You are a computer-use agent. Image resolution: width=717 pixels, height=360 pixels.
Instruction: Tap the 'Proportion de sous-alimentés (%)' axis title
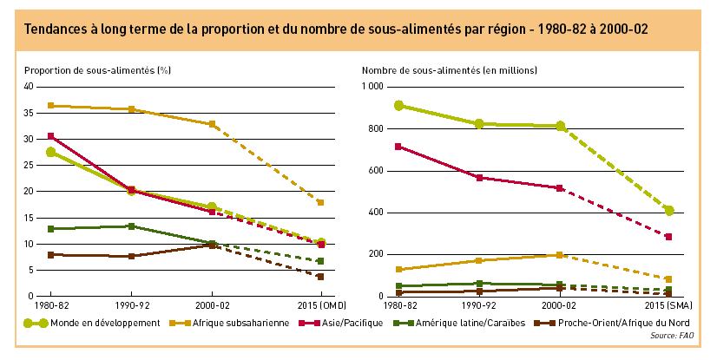click(x=96, y=69)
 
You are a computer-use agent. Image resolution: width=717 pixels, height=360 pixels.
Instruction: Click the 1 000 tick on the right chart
click(x=372, y=87)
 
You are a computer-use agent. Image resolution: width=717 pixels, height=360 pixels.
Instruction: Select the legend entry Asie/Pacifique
click(x=346, y=323)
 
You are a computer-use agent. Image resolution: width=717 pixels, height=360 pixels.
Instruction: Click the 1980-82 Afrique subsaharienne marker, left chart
click(x=51, y=106)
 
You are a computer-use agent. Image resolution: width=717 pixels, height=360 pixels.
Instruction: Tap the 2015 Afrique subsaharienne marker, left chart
click(x=320, y=202)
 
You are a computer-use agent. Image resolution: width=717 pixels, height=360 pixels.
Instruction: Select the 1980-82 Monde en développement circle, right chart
click(x=398, y=106)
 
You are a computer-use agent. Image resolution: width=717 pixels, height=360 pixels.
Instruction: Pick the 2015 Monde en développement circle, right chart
click(x=669, y=211)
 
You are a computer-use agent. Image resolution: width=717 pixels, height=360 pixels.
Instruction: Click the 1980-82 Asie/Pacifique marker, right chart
click(x=398, y=147)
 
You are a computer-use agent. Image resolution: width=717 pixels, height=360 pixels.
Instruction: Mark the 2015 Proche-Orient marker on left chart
click(x=320, y=277)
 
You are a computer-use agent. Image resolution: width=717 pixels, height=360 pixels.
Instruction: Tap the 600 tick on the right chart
click(x=376, y=171)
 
